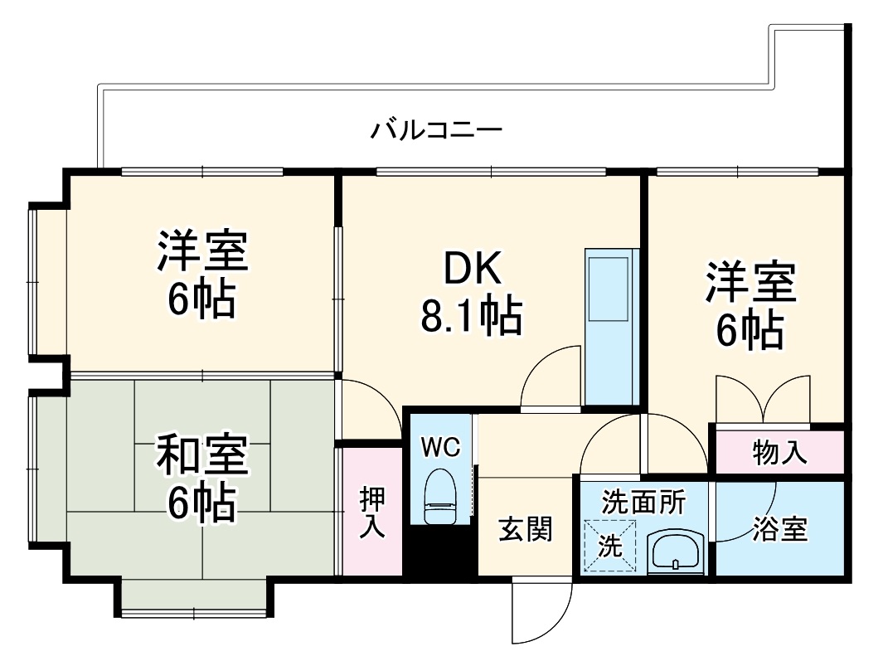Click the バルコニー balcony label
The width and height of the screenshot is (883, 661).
tap(436, 130)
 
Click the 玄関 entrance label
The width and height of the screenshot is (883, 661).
tap(525, 528)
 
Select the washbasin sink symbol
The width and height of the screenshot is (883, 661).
tap(676, 551)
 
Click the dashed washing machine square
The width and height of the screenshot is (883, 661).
tap(610, 546)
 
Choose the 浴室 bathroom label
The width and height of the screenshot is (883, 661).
tap(780, 529)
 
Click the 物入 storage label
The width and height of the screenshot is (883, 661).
tap(779, 453)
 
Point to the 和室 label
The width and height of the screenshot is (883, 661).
tap(201, 454)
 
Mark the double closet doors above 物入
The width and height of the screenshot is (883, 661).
tap(762, 399)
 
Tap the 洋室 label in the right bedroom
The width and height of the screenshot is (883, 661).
tap(750, 284)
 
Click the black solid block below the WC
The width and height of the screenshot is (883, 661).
tap(439, 552)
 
